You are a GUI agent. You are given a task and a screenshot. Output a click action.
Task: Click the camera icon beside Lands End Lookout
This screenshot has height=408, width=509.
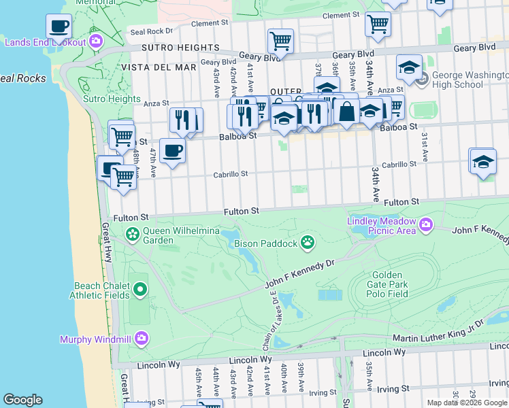pos(96,42)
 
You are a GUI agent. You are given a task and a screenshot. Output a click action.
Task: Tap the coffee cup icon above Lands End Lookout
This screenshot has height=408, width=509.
pos(59,27)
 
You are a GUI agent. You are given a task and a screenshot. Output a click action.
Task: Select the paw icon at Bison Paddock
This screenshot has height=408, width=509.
pos(308,242)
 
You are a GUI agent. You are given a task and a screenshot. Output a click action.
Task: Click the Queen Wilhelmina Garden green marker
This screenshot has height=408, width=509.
pos(133,235)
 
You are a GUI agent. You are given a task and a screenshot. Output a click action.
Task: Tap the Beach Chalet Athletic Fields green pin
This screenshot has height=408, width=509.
pos(140,290)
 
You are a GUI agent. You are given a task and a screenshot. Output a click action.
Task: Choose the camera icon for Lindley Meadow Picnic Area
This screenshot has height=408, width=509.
pos(426,224)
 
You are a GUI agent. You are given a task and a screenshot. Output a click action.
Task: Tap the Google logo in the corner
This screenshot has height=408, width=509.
pos(22,400)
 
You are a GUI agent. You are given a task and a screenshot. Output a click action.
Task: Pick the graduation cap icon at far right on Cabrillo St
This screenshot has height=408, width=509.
pos(482,163)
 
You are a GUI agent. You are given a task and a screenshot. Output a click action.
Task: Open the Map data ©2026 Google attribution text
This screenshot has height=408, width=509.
pos(466,403)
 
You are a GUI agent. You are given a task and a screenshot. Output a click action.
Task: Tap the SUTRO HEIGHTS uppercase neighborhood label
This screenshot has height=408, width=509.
pos(180,48)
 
